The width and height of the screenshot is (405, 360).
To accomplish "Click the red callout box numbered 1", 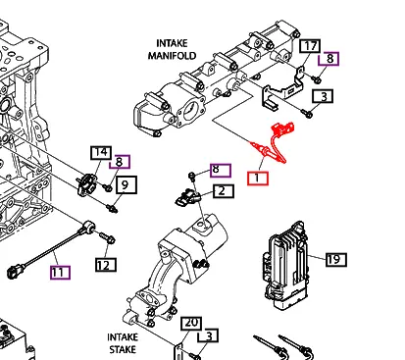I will click(257, 178).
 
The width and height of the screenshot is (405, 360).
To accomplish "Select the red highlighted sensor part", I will click(278, 142).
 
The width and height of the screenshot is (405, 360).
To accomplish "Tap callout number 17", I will click(310, 46).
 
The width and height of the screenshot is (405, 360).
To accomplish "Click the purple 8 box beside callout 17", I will click(330, 59).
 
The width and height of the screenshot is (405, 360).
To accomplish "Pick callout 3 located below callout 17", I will click(321, 96).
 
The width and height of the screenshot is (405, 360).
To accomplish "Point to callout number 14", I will click(101, 152).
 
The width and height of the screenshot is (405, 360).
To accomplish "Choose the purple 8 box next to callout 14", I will click(121, 163).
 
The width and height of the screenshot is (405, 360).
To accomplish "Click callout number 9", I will click(125, 183).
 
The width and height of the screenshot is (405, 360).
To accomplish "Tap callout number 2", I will click(223, 191).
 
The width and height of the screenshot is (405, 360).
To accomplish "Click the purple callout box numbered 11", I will click(60, 272).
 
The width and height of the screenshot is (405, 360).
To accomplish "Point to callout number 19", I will click(333, 259).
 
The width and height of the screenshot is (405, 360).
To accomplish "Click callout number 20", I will click(192, 323).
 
